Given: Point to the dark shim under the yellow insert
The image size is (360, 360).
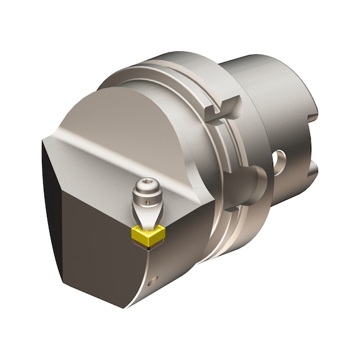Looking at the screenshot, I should click(149, 246).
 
